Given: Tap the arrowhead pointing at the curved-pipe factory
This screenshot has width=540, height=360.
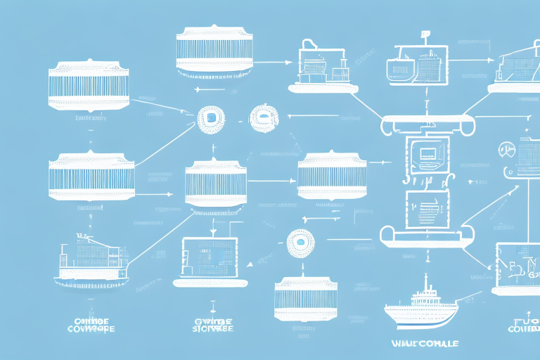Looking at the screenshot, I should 289,63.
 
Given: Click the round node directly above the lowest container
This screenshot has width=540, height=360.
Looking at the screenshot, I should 302,240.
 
